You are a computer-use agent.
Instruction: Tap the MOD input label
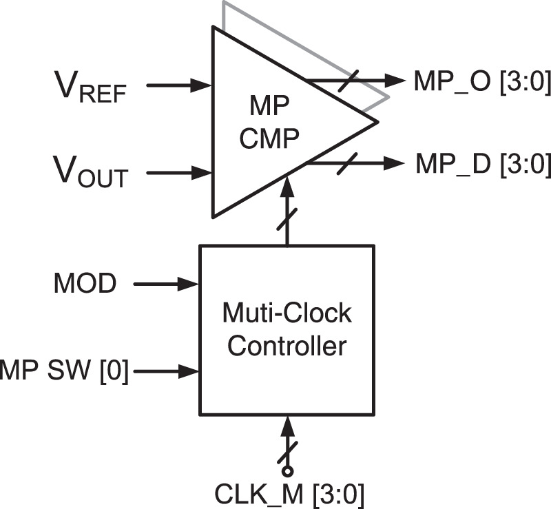[x=85, y=283]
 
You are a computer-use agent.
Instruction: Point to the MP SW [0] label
[x=64, y=372]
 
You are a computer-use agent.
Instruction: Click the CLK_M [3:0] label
[x=289, y=494]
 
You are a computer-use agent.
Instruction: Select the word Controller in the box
[x=287, y=346]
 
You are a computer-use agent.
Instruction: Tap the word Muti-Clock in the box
[x=287, y=314]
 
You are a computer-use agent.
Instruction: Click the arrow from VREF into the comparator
[x=179, y=85]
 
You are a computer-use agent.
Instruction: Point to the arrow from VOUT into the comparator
[x=179, y=172]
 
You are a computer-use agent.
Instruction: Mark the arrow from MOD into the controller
[x=165, y=282]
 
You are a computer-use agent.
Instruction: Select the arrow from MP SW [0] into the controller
[x=165, y=372]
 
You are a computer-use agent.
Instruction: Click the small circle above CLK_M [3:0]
[x=287, y=471]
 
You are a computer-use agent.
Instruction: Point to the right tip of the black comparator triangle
[x=377, y=123]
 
